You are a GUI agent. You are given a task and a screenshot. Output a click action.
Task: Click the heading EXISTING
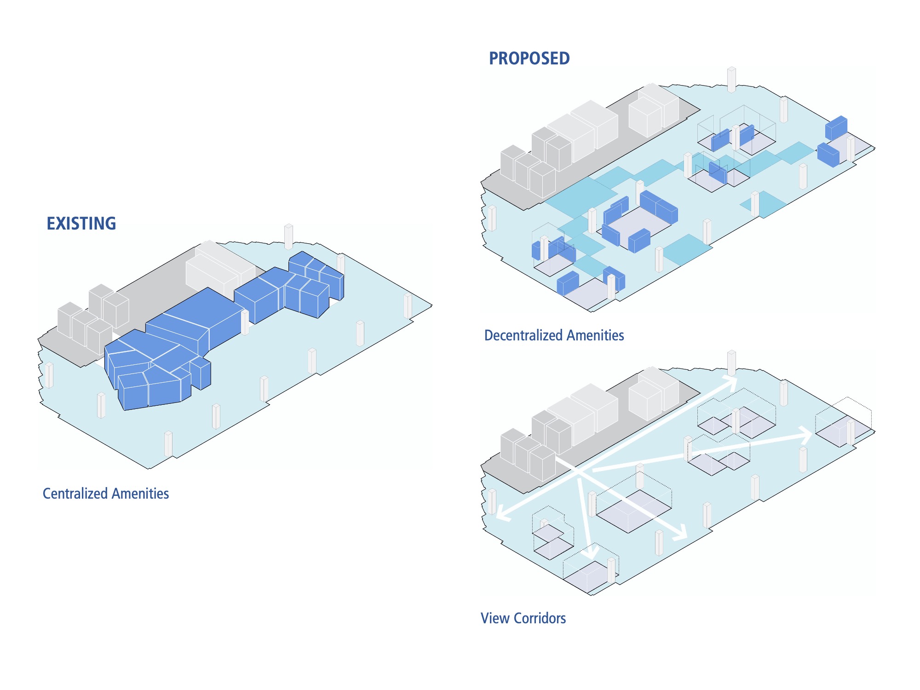(x=81, y=224)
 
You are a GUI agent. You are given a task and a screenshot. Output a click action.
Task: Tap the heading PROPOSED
(x=529, y=58)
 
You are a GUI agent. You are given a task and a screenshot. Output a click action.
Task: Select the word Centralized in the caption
(x=75, y=494)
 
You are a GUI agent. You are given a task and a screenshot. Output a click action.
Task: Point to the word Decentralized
(x=523, y=335)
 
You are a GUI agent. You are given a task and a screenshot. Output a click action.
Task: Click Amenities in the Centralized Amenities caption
(x=140, y=494)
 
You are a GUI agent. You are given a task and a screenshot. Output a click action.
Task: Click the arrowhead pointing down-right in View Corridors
(x=680, y=533)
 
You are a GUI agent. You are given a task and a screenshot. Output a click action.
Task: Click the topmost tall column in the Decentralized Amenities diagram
(x=731, y=80)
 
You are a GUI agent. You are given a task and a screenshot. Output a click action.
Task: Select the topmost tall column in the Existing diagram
(x=288, y=236)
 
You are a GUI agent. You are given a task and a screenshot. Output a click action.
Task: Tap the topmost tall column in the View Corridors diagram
(x=731, y=363)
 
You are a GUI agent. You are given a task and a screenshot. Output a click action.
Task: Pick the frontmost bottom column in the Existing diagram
(x=168, y=444)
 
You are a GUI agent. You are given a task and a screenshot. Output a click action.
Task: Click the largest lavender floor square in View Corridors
(x=634, y=511)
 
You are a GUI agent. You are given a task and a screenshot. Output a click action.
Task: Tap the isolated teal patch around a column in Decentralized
(x=764, y=204)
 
